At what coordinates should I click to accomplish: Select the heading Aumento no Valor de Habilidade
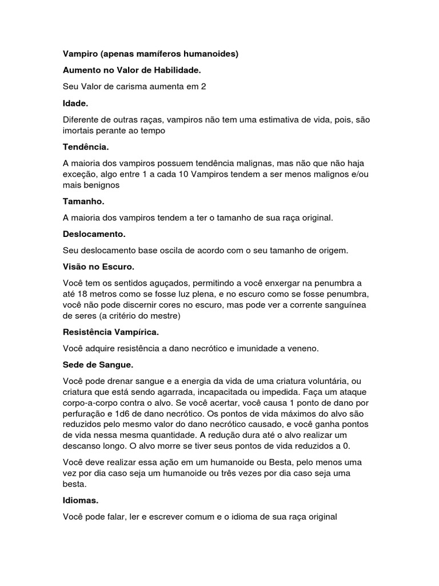coord(131,70)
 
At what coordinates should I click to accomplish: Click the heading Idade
coord(75,104)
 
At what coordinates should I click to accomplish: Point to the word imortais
coord(80,130)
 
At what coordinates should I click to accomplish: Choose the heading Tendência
coord(86,147)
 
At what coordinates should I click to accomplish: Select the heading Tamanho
coord(83,201)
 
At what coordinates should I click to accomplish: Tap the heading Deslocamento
coord(94,234)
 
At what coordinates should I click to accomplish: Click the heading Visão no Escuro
coord(98,267)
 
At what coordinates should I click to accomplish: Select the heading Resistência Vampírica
coord(110,332)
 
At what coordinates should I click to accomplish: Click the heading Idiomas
coord(81,500)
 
